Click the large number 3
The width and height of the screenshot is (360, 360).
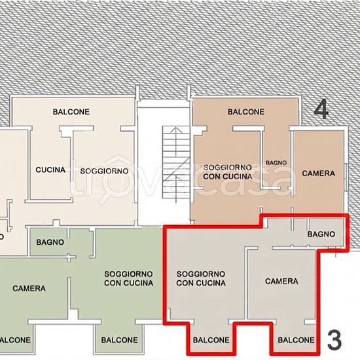coord(334,340)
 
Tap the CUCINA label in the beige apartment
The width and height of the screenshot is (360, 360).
coord(50,170)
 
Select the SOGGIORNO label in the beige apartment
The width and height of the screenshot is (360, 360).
coord(104,171)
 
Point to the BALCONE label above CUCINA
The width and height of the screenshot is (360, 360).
coord(71,112)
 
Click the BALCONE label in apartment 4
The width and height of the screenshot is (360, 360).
coord(246,112)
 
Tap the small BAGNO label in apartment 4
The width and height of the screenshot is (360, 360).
coord(276,163)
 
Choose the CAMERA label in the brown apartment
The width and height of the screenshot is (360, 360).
coord(319,173)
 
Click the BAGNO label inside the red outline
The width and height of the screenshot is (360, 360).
coord(321,234)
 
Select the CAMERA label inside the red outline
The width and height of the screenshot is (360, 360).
coord(281,281)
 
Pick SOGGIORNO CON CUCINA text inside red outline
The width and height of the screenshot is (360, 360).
coord(201,278)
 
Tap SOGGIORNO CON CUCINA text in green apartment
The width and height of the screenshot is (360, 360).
coord(128,278)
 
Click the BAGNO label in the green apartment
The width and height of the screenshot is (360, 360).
coord(50,242)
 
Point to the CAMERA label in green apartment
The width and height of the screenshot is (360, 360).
coord(29,289)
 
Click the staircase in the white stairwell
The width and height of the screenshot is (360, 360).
coord(176,162)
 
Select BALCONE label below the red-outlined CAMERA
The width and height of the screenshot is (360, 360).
coord(296,340)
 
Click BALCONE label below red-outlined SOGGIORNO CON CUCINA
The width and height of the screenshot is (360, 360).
coord(211,340)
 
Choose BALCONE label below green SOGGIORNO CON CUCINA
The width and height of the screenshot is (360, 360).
coord(119,340)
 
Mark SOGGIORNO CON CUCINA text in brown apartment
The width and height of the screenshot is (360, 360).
coord(228,172)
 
